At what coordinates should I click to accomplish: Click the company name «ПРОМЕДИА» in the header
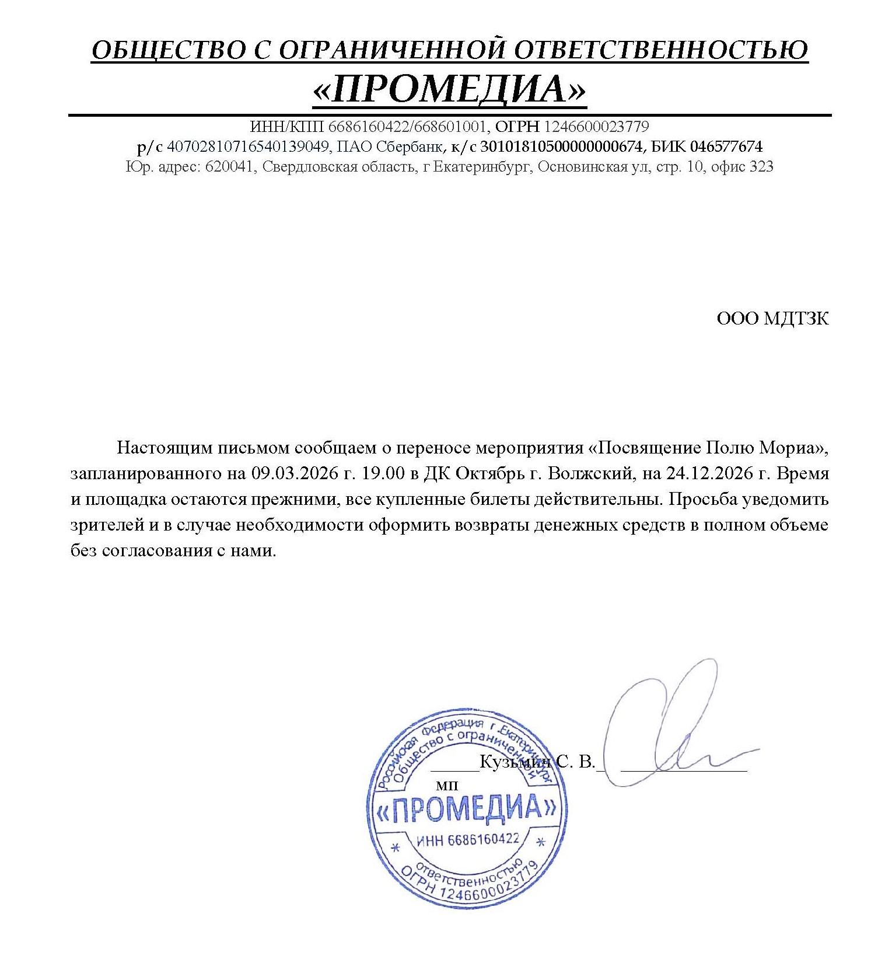pos(449,89)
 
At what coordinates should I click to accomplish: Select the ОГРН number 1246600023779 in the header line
pos(596,126)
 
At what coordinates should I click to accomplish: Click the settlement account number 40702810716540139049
pos(248,146)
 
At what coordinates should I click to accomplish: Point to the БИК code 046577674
pos(726,146)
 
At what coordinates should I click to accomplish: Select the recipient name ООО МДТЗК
pos(772,319)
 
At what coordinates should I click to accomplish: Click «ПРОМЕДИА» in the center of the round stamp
pos(466,808)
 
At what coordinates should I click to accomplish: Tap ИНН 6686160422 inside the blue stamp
pos(468,841)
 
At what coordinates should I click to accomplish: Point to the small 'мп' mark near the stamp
pos(447,786)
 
